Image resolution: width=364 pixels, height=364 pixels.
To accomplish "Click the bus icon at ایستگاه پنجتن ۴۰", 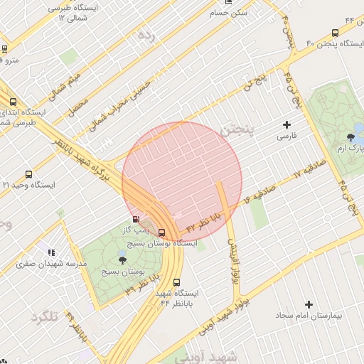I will pyautogui.click(x=335, y=33).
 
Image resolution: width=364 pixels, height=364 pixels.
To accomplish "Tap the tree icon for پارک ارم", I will pyautogui.click(x=349, y=137).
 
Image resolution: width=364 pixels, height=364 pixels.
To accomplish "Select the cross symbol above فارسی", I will pyautogui.click(x=287, y=125).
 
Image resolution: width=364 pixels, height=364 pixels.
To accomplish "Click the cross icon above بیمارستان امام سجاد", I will pyautogui.click(x=309, y=304).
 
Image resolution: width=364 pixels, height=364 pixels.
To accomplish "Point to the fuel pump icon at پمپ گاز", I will pyautogui.click(x=136, y=219).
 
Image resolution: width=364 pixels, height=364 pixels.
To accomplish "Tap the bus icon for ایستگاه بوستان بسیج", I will pyautogui.click(x=161, y=232).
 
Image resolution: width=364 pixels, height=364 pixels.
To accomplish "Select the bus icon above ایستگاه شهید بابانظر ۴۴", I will pyautogui.click(x=177, y=282).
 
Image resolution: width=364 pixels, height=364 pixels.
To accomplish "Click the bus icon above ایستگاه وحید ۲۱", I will pyautogui.click(x=28, y=174).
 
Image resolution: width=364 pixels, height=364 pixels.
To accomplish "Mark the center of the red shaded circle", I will pyautogui.click(x=182, y=182).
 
